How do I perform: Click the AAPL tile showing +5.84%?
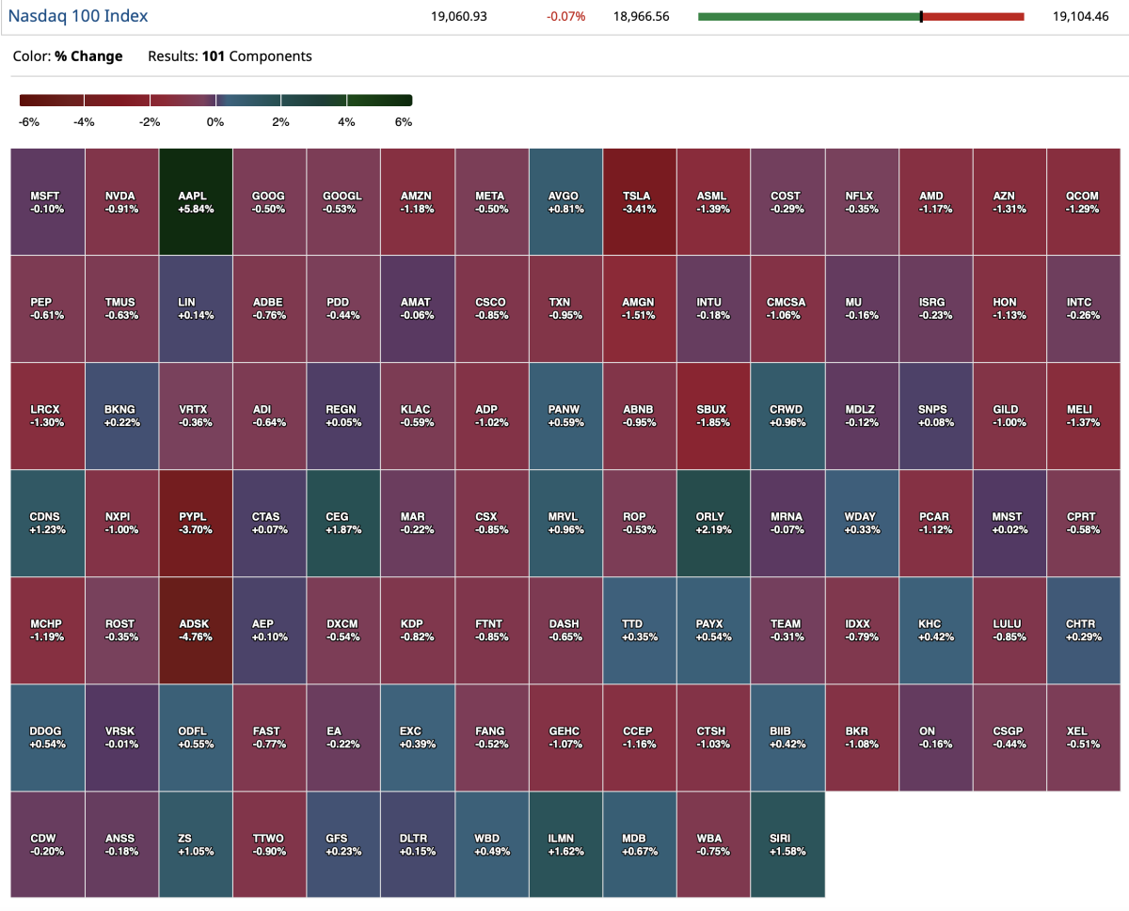tap(196, 201)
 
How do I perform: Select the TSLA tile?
tap(640, 201)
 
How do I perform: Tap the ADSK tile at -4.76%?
tap(196, 630)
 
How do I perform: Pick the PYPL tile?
tap(196, 523)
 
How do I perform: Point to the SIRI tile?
tap(787, 844)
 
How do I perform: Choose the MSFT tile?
tap(47, 201)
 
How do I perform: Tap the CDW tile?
tap(47, 844)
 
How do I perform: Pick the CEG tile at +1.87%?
tap(343, 523)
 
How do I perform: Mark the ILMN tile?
tap(565, 844)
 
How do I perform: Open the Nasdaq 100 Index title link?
tap(78, 16)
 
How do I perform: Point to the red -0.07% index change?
tap(565, 16)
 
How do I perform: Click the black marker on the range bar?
tap(921, 16)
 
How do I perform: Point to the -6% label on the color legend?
tap(28, 122)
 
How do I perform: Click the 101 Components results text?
tap(256, 56)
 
